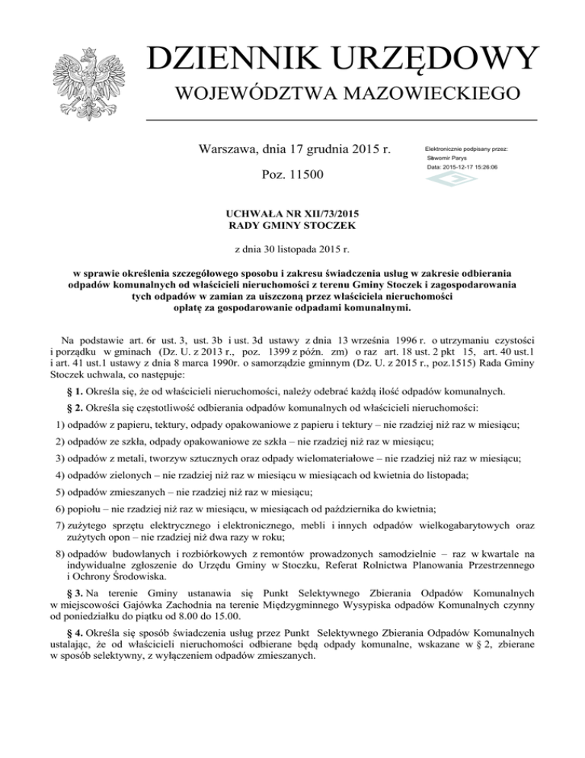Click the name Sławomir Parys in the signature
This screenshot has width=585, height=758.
[448, 158]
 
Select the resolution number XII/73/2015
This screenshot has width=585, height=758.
[320, 214]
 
